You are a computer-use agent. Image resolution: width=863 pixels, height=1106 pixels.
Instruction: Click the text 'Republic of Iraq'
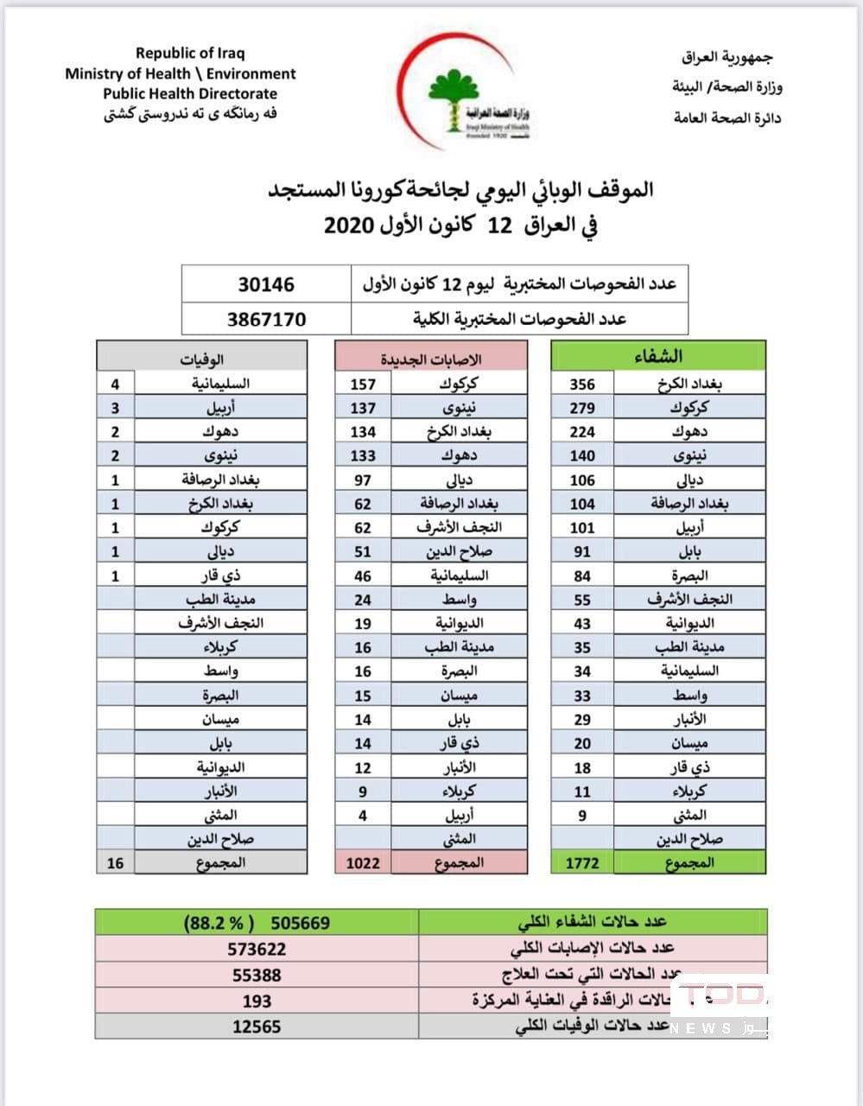click(x=190, y=54)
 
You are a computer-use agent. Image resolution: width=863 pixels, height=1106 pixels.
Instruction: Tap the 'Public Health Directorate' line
click(x=190, y=93)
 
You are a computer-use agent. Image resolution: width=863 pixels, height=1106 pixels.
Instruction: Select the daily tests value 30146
click(x=266, y=284)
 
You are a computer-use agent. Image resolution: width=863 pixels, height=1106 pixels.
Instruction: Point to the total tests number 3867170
click(x=266, y=319)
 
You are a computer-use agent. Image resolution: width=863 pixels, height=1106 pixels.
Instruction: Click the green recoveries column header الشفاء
click(x=658, y=356)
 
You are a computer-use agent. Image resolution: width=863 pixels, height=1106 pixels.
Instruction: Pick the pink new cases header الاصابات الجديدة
click(x=431, y=358)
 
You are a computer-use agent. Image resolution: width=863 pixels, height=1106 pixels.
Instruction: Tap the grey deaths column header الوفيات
click(x=201, y=358)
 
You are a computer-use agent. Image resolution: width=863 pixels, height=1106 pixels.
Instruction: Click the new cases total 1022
click(x=363, y=862)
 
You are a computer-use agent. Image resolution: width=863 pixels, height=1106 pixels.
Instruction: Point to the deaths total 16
click(x=115, y=862)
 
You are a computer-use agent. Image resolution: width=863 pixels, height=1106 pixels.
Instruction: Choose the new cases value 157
click(x=363, y=384)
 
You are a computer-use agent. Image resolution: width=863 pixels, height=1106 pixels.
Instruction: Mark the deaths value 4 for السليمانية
click(x=115, y=384)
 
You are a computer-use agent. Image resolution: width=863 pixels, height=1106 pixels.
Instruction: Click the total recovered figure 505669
click(x=300, y=923)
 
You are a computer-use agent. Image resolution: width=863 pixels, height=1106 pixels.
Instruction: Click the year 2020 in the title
click(x=348, y=226)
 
